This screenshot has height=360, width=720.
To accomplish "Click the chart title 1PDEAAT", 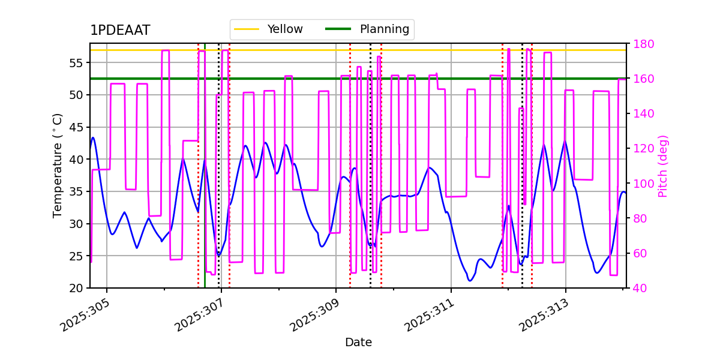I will coord(120,31).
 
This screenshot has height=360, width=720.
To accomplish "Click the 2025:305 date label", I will coord(88,317).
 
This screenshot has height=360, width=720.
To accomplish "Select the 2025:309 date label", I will coord(316,317).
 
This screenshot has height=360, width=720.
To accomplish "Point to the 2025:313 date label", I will coord(545,317).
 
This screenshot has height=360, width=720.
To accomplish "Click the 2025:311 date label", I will coord(431,317).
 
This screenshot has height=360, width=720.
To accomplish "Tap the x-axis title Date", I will coord(358,343).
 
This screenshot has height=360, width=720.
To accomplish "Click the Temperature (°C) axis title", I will coord(58,165).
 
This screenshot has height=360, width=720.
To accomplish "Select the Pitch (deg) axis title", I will coord(663,166).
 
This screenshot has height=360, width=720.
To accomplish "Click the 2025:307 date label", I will coord(202,317).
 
